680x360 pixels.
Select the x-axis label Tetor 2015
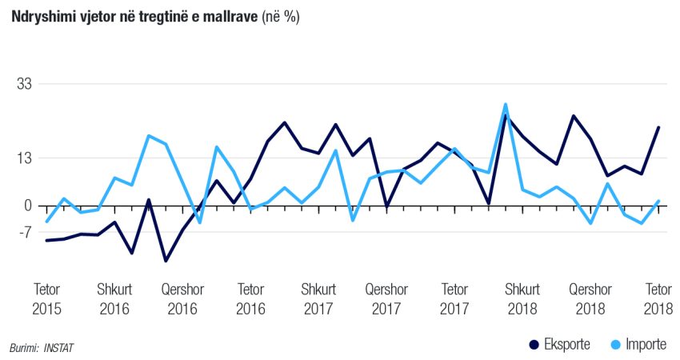pyautogui.click(x=46, y=298)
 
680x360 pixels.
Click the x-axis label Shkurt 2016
pyautogui.click(x=114, y=298)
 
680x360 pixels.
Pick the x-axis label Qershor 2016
pyautogui.click(x=182, y=298)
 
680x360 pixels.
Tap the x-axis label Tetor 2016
pyautogui.click(x=250, y=298)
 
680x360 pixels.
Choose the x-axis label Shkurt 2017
pyautogui.click(x=318, y=298)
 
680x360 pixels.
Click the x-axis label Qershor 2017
pyautogui.click(x=386, y=298)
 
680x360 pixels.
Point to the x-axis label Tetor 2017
pyautogui.click(x=454, y=298)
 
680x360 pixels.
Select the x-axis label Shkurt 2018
pyautogui.click(x=522, y=298)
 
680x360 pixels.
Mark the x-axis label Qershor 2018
pyautogui.click(x=590, y=298)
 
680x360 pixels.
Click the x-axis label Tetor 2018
pyautogui.click(x=658, y=298)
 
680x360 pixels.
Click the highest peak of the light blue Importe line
pyautogui.click(x=506, y=104)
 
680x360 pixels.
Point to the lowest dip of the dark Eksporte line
pyautogui.click(x=166, y=261)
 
